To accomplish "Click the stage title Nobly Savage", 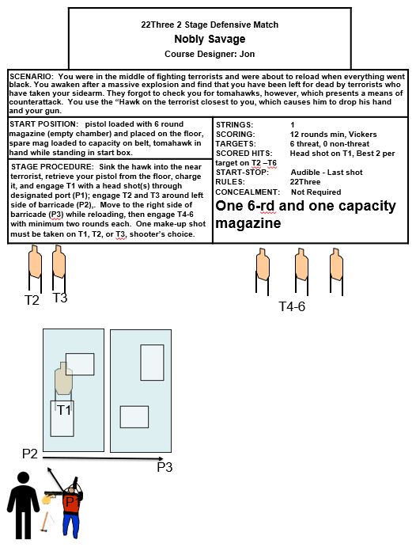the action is tap(210, 39).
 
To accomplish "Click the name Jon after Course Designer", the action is tap(247, 54).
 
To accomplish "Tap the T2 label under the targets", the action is tap(32, 300).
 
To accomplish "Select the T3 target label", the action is tap(59, 298).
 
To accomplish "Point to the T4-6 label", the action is tap(292, 306).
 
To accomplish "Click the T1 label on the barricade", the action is tap(64, 410).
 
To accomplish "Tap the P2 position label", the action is tap(29, 454).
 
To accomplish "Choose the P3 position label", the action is tap(165, 467).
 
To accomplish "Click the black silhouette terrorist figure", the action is tap(23, 505).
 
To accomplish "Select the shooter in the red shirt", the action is tap(72, 507).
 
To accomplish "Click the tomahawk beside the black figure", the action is tap(44, 522).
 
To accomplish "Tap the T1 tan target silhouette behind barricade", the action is tap(63, 379).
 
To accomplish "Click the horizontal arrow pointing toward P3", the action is tap(103, 458).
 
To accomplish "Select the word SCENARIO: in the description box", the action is tap(32, 77).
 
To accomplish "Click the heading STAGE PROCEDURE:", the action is tap(52, 167).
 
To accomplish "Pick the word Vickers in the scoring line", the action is tap(362, 135).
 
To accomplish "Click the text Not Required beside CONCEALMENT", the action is tap(316, 192).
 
